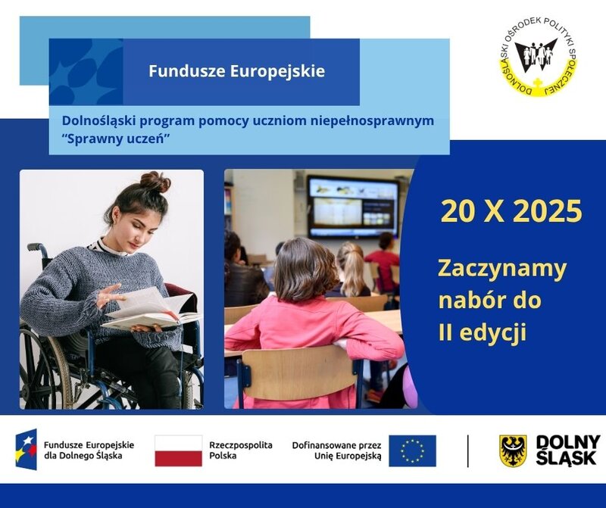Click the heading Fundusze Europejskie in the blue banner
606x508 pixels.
click(x=236, y=71)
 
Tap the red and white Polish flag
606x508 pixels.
click(x=178, y=450)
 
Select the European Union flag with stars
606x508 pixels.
click(x=412, y=450)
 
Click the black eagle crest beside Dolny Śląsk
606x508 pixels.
click(x=513, y=450)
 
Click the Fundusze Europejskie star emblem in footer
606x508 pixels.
click(x=26, y=449)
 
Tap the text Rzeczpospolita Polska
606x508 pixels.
click(x=240, y=450)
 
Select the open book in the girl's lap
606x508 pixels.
click(x=148, y=310)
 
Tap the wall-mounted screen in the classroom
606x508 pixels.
click(x=352, y=207)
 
